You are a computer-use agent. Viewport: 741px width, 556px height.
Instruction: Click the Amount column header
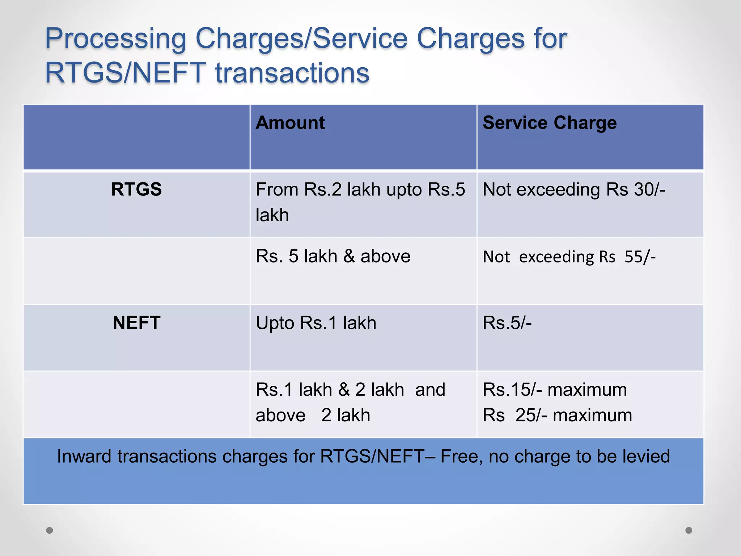(290, 123)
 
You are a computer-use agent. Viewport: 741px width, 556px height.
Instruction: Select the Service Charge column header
(549, 123)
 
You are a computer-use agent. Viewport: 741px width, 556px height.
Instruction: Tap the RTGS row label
(136, 189)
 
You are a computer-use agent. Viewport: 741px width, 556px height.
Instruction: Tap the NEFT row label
(136, 323)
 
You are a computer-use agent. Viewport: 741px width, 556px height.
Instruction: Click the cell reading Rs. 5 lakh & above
(333, 256)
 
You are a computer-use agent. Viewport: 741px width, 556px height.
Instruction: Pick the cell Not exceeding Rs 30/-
(574, 189)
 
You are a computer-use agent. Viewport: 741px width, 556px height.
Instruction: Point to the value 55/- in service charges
(640, 257)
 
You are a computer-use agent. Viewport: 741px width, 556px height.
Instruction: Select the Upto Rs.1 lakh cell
(316, 323)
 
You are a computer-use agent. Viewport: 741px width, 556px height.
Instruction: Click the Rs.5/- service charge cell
(507, 323)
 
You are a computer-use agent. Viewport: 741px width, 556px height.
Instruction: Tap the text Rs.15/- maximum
(555, 390)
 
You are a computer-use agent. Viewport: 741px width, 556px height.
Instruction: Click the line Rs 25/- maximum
(557, 415)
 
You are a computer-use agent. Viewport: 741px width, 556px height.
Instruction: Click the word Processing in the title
(115, 39)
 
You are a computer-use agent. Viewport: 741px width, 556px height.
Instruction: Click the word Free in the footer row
(461, 456)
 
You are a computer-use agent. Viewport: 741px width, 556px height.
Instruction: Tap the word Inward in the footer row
(84, 456)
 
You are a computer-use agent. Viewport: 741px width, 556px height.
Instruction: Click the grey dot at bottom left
(50, 530)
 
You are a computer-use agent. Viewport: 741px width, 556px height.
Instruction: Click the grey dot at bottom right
(689, 530)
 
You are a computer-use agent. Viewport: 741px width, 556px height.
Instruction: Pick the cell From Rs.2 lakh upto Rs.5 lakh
(360, 202)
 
